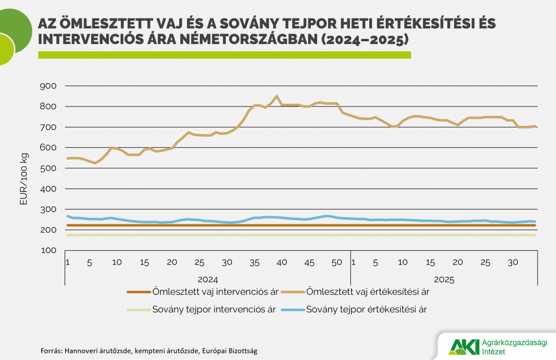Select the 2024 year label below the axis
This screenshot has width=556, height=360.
[x=207, y=280]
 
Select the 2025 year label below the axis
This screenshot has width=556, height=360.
[x=444, y=280]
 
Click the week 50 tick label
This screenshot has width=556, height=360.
[x=337, y=263]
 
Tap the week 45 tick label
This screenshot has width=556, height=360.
[x=309, y=263]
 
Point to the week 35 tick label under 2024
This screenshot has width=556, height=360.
[x=254, y=263]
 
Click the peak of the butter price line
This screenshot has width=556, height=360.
[x=277, y=97]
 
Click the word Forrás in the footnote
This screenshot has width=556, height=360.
[x=51, y=350]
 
